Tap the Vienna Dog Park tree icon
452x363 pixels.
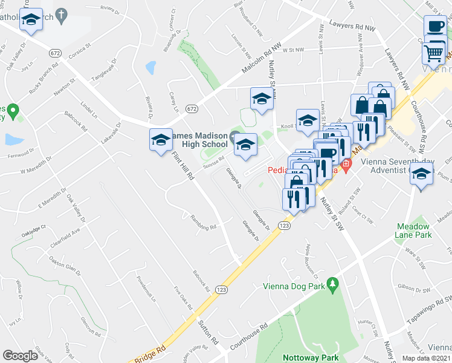tap(332, 283)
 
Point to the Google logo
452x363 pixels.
tap(20, 356)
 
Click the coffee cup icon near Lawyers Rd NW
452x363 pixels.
tap(434, 25)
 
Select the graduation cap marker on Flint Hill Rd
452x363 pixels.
tap(161, 140)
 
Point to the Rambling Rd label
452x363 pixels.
tap(203, 223)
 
